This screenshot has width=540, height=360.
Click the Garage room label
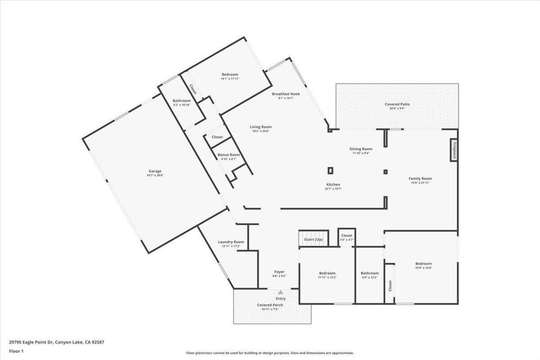(155, 171)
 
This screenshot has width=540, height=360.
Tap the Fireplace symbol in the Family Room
(453, 150)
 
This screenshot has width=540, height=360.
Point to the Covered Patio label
(397, 104)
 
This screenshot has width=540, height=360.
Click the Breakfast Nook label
(286, 94)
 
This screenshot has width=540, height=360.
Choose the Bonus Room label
(228, 154)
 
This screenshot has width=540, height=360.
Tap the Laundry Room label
(231, 242)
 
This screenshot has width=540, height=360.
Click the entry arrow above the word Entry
(281, 291)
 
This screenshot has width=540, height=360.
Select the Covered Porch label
(270, 305)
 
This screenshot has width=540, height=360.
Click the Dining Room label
(361, 149)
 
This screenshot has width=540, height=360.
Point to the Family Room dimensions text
(420, 183)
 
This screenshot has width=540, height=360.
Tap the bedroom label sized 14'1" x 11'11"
(230, 74)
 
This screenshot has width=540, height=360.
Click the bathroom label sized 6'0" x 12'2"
(370, 273)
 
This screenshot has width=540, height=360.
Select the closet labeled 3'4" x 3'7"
(346, 236)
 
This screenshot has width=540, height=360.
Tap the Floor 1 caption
(16, 351)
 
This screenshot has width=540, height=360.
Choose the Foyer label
(279, 272)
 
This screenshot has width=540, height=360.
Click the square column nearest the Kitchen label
(330, 170)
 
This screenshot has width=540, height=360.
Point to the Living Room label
(261, 127)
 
